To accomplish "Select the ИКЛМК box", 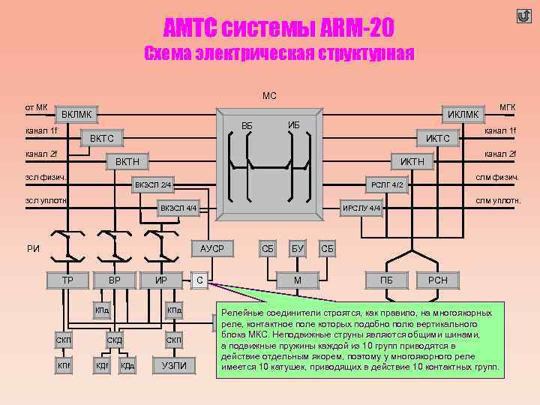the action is (463, 114).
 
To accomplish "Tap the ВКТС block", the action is (102, 139).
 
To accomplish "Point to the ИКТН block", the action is (412, 161).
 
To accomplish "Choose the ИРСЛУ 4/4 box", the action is (363, 208).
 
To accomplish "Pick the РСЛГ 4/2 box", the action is (387, 184).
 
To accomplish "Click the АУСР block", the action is (212, 247).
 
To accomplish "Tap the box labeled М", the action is (298, 280).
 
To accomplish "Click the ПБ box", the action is (387, 280).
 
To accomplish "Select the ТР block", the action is (67, 280).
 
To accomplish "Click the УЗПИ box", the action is (174, 365).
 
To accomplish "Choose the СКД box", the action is (115, 340).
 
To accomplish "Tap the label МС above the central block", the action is (269, 95).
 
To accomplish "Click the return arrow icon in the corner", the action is (523, 16).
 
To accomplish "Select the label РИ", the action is (33, 248).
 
